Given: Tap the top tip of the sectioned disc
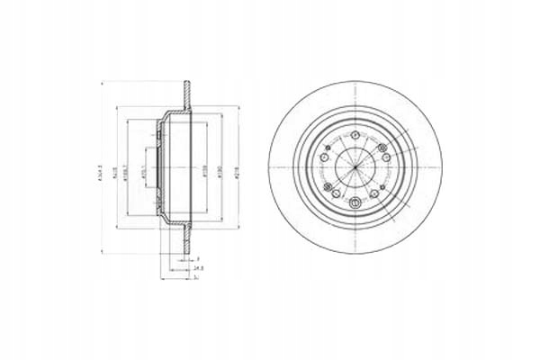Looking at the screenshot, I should point(186,85).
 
